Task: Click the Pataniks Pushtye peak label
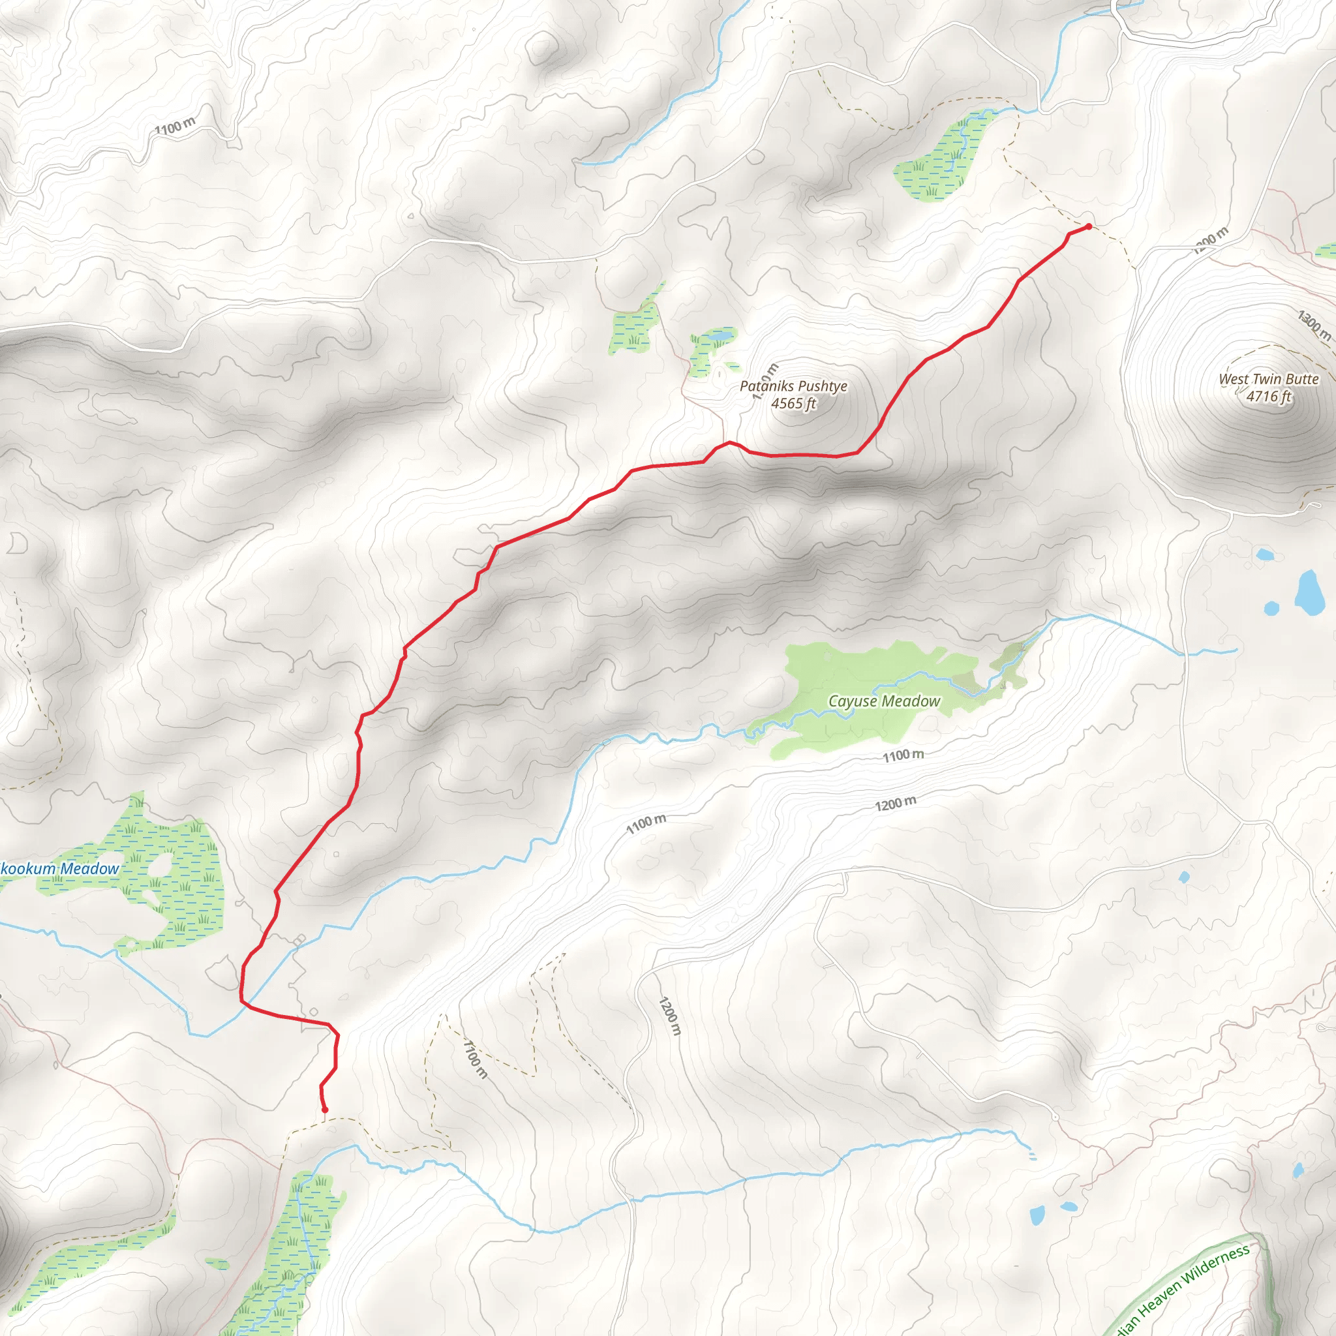(793, 386)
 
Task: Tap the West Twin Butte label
(1268, 379)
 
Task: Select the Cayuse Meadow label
(884, 701)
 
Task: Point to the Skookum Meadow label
(59, 868)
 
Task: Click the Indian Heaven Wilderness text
(1183, 1290)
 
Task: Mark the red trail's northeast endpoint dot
(1089, 226)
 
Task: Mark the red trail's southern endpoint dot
(324, 1110)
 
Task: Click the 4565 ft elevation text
(794, 404)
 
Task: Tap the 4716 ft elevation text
(1268, 397)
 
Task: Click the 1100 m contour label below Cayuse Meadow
(903, 755)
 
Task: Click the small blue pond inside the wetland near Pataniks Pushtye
(722, 337)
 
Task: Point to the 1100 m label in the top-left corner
(175, 127)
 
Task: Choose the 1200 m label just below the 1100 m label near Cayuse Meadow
(896, 804)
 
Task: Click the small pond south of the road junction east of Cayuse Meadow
(1184, 877)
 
